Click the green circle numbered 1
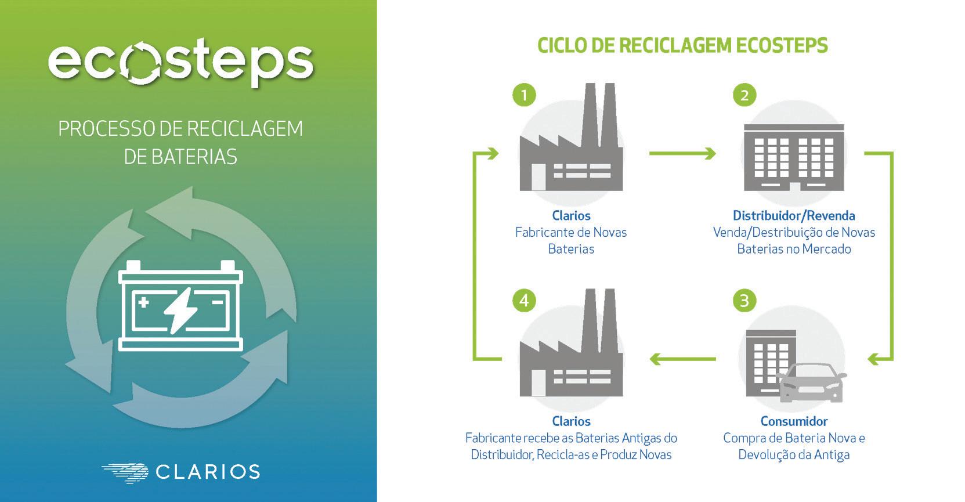[x=525, y=95]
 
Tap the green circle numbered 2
[x=744, y=95]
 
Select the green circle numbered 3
[x=744, y=301]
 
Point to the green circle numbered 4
[x=525, y=301]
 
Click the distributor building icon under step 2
[x=794, y=157]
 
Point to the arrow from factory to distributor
[x=682, y=154]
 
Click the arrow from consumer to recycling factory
[x=682, y=359]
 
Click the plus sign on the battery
[x=143, y=302]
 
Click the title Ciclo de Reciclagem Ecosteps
[x=682, y=46]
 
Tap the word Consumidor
[x=794, y=421]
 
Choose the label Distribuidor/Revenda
[x=794, y=216]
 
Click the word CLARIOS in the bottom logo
[x=208, y=472]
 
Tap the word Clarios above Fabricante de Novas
[x=571, y=216]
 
